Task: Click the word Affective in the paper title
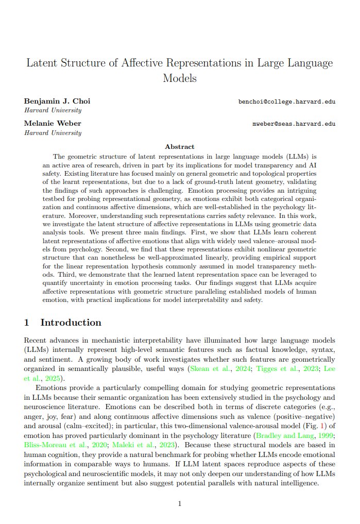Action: tap(146, 63)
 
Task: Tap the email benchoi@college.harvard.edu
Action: tap(287, 102)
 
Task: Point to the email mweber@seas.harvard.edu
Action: tap(294, 124)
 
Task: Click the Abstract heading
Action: tap(180, 147)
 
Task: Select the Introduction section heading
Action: tap(71, 323)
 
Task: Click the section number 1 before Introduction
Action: tap(27, 323)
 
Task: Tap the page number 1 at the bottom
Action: tap(180, 503)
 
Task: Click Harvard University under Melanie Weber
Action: tap(53, 133)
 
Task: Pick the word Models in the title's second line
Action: tap(180, 79)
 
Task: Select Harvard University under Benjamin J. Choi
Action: tap(53, 110)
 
